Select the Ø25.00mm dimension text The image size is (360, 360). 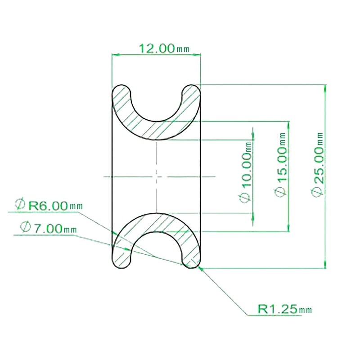coord(318,163)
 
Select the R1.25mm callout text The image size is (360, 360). coord(284,309)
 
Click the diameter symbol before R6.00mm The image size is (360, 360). coord(20,205)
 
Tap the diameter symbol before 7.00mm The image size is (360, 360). coord(25,227)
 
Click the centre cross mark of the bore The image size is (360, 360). coord(156,176)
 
